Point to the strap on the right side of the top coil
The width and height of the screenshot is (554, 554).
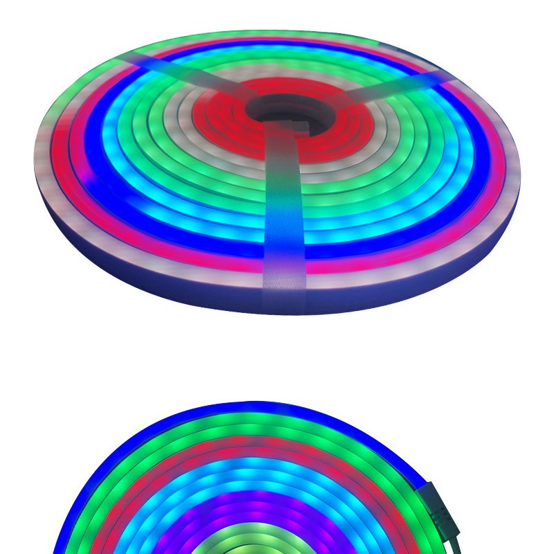(x=388, y=85)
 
